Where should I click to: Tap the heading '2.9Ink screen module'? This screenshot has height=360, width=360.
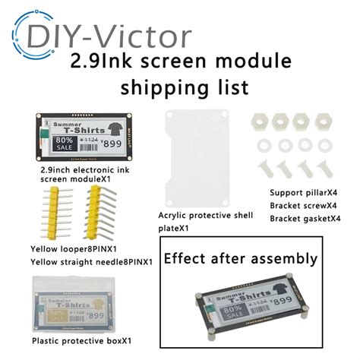(x=180, y=60)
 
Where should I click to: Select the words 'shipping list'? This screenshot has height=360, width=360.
(x=180, y=87)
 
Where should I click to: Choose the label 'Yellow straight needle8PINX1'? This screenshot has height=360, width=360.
(x=91, y=262)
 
